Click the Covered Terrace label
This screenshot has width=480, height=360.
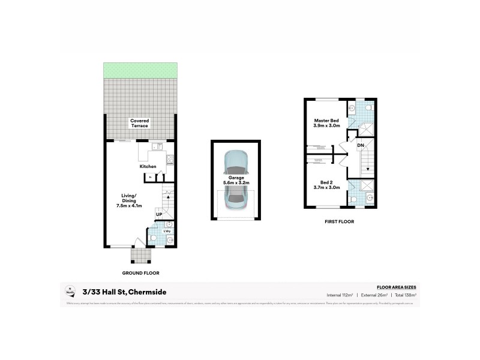coord(140,123)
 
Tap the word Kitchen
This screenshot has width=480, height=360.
coord(148,166)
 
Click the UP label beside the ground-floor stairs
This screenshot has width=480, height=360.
coord(158,214)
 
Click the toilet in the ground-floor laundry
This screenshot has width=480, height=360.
coord(153,238)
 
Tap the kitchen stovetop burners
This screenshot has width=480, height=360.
coord(170,160)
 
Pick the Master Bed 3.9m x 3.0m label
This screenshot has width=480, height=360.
coord(327,123)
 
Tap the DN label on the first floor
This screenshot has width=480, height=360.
coord(361,145)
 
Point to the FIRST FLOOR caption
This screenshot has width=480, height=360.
coord(339,221)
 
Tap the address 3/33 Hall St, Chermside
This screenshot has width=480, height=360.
coord(125,292)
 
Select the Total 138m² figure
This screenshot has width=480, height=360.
coord(406,295)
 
